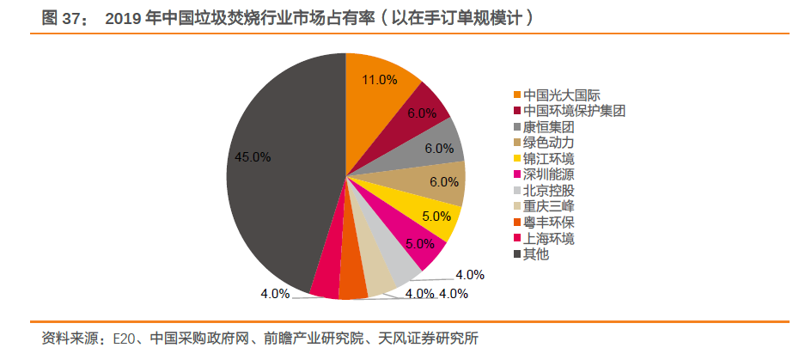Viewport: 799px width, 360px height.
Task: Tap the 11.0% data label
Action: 379,80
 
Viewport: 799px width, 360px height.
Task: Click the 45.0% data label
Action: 253,157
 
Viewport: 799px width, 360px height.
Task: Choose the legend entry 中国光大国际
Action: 549,95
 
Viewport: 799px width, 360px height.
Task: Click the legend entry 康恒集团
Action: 543,127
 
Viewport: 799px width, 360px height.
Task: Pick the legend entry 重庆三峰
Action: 543,206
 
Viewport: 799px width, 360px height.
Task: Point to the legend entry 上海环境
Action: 543,238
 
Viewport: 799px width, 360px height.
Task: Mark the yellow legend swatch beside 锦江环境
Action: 517,159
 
